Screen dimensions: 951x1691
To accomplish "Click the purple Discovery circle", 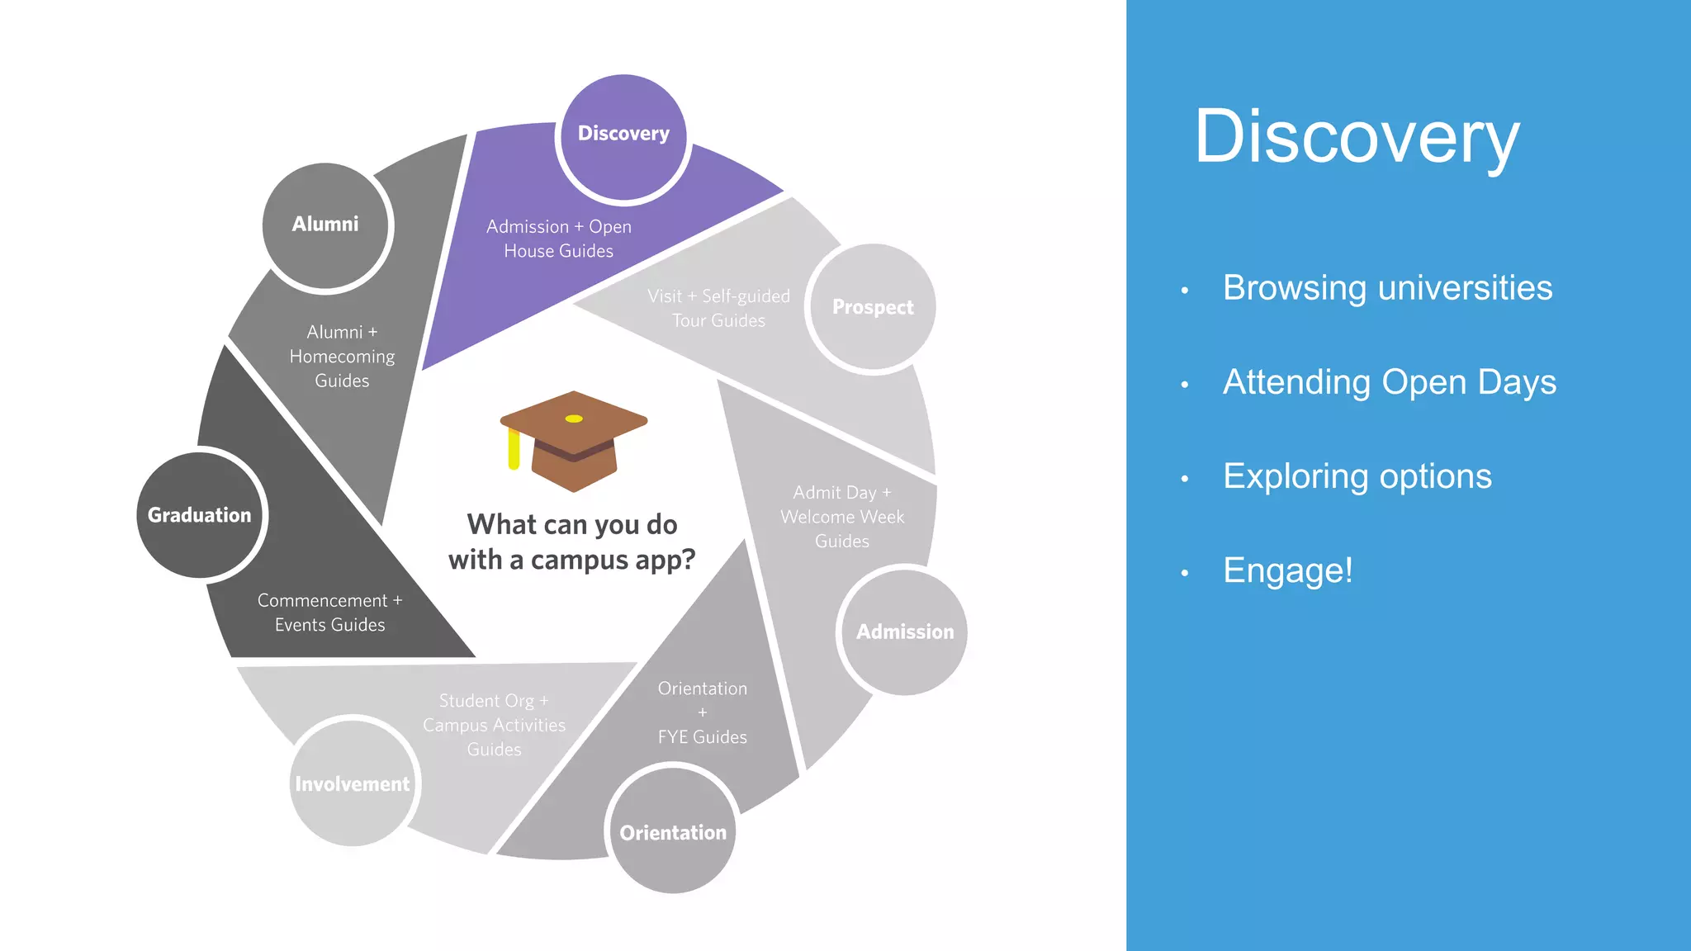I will (x=623, y=136).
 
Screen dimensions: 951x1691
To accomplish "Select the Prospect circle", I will (x=872, y=307).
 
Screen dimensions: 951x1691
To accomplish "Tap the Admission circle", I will (x=904, y=632).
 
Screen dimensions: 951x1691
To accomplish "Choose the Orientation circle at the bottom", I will (x=673, y=830).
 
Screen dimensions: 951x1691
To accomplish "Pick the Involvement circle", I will (x=353, y=783).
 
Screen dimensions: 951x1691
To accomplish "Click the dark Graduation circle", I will (x=200, y=515).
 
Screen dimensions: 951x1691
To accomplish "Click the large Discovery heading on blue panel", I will (x=1357, y=137).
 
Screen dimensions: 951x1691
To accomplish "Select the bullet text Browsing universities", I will (x=1387, y=288).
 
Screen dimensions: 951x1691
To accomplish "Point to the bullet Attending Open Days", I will (x=1389, y=382).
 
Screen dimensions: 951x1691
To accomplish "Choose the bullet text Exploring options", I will (x=1357, y=476).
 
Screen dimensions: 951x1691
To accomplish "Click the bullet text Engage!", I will (x=1287, y=570).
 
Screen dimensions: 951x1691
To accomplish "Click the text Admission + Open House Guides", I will (x=559, y=239).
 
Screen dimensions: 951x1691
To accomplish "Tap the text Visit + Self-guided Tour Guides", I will (x=718, y=308).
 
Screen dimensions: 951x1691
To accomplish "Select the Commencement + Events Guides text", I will (x=329, y=613).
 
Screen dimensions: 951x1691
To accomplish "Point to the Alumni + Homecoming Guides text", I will (x=342, y=356).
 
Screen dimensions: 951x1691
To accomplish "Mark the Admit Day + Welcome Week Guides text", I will (x=842, y=517).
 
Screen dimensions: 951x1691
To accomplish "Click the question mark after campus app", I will (x=687, y=560).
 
